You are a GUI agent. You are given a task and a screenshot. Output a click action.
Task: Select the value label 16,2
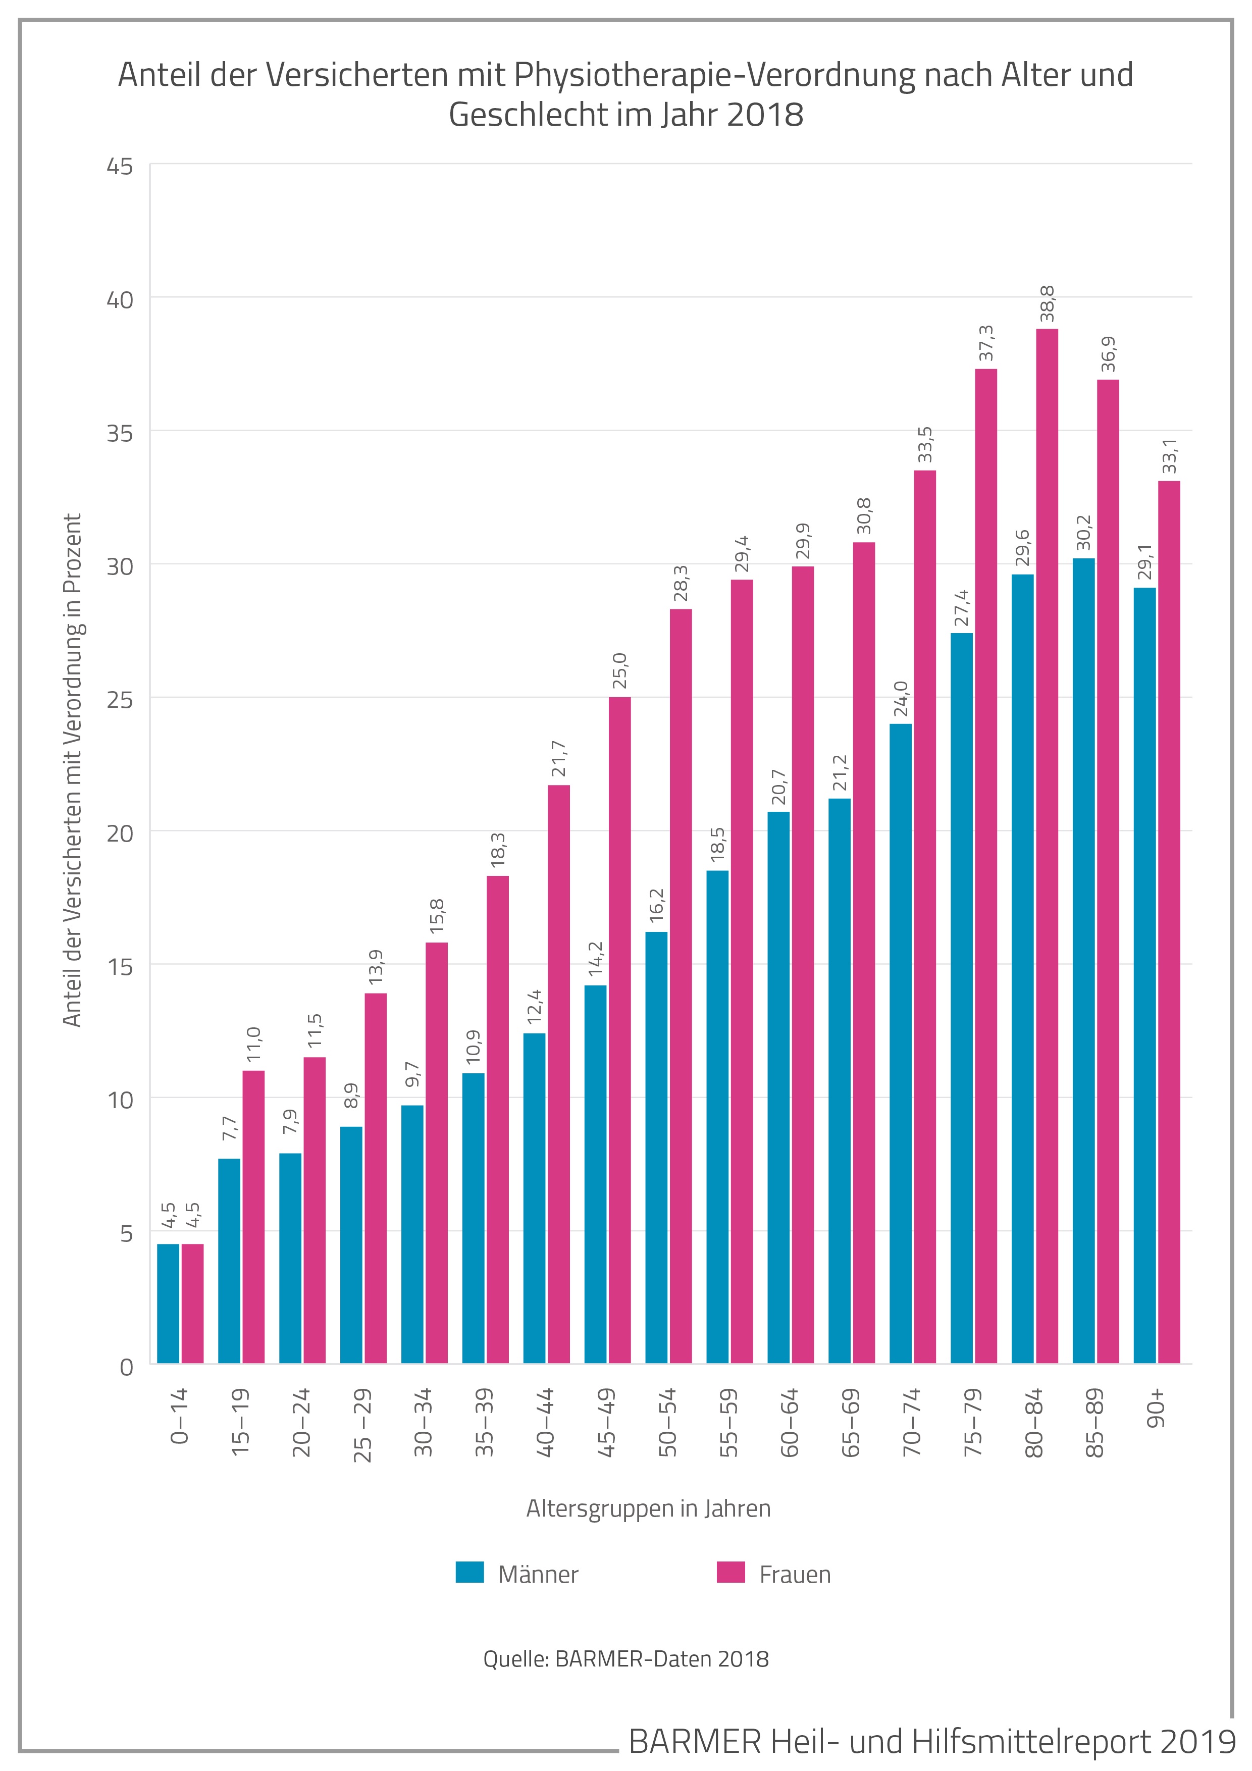click(656, 906)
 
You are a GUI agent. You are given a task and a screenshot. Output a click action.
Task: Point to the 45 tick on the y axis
click(120, 167)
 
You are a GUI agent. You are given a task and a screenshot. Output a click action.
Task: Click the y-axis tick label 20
click(120, 834)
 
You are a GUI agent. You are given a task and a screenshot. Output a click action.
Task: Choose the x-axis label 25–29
click(362, 1425)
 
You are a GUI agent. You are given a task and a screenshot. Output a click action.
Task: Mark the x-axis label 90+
click(1157, 1409)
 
